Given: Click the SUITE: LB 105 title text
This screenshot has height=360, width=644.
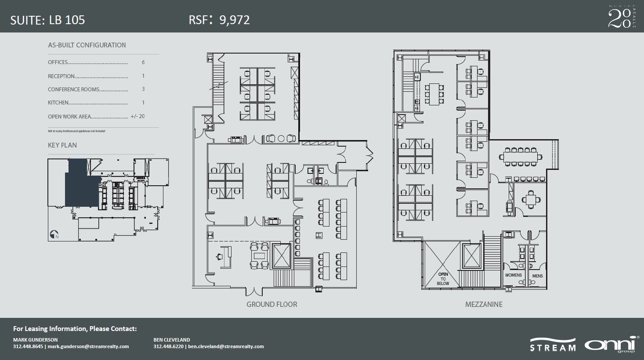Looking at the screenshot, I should [x=47, y=20].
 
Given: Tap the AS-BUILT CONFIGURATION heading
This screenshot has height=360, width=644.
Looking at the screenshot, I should [x=87, y=45].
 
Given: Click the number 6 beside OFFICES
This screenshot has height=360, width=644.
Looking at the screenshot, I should [x=143, y=62].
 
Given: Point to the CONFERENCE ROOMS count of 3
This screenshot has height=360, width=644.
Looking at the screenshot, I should [x=143, y=89].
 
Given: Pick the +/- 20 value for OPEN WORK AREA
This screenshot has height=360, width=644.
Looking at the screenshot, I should [x=137, y=117].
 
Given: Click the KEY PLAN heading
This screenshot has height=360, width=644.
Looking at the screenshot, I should [x=62, y=145].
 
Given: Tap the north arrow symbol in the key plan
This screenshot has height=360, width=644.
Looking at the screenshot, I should [x=54, y=235].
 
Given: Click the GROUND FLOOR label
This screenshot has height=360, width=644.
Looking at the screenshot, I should [x=271, y=304].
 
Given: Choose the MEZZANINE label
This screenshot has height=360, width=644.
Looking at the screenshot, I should [x=484, y=304].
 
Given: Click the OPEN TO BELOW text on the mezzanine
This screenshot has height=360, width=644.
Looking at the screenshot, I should [x=443, y=279].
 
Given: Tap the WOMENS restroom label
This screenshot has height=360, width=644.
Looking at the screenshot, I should [x=513, y=275].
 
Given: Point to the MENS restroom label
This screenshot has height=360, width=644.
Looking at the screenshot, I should [x=537, y=276].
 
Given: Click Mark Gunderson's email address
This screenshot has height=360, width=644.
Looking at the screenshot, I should [x=88, y=346].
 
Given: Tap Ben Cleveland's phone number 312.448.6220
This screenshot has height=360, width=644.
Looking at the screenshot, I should [x=169, y=346].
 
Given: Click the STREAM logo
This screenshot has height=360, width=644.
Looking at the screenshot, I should [x=553, y=345].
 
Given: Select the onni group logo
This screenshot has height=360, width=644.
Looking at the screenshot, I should [x=611, y=344].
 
